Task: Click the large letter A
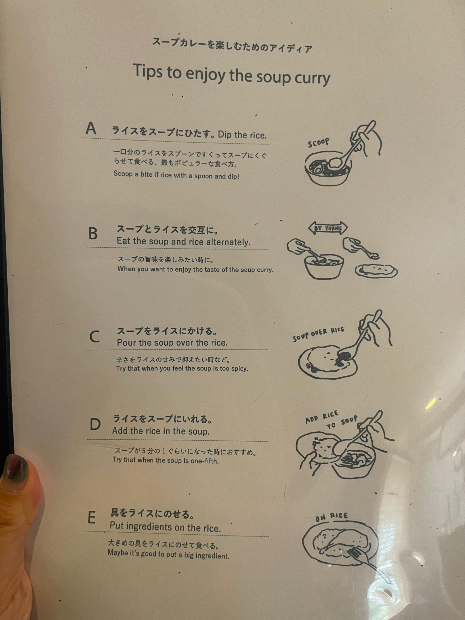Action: point(91,129)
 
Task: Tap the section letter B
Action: point(93,233)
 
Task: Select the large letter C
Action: point(95,337)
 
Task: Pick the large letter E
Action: point(92,517)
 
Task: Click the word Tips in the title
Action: point(148,71)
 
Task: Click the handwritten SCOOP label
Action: point(318,143)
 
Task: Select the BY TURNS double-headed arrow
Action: point(328,228)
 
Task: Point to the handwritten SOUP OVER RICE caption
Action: point(318,334)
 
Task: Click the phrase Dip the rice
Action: point(242,135)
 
